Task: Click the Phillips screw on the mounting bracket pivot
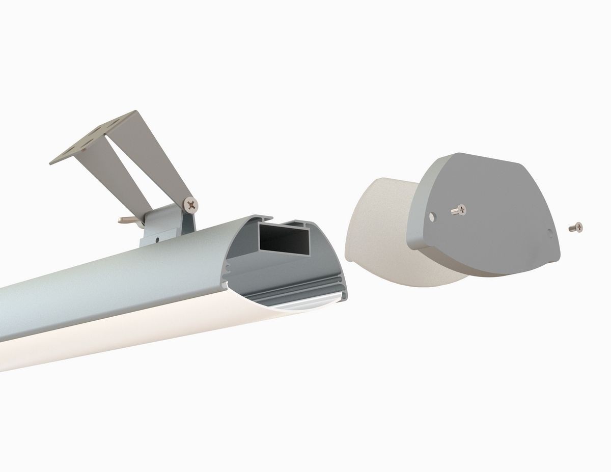coord(191,205)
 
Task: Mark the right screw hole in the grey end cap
coord(549,234)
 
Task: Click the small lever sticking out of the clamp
coord(126,220)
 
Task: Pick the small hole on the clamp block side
coord(157,237)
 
